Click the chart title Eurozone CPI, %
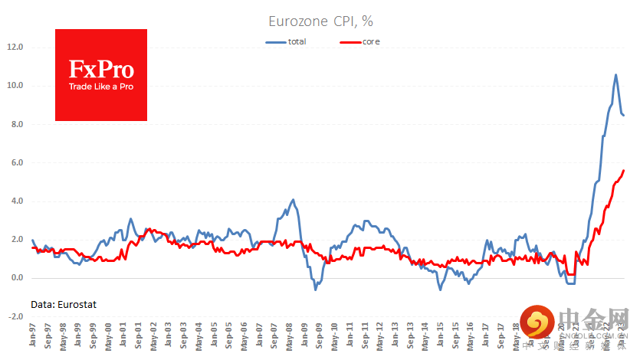pos(320,22)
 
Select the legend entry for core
pos(371,41)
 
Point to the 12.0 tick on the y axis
pos(15,47)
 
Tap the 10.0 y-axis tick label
pos(15,86)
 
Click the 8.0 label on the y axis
pos(15,124)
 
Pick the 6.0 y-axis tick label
pos(15,163)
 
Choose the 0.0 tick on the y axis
pos(15,278)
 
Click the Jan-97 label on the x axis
pos(33,338)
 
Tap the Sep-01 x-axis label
pos(139,338)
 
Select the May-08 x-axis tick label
pos(290,338)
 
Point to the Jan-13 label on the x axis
pos(395,338)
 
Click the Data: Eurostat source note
pos(64,304)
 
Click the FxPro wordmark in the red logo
pos(101,70)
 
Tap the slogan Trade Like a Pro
pos(101,87)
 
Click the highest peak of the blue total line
pos(616,74)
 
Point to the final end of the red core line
pos(624,170)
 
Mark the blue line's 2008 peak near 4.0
pos(293,200)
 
